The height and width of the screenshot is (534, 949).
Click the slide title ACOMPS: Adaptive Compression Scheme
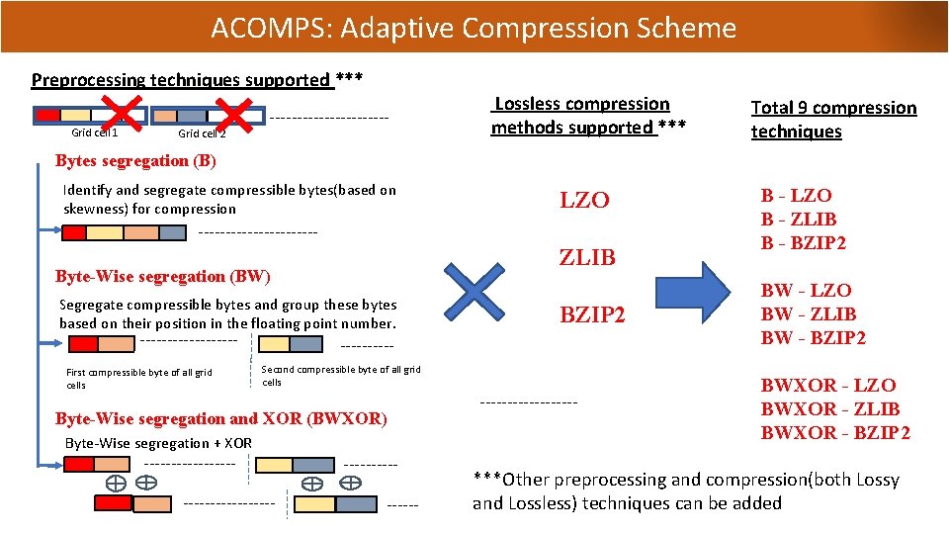click(x=474, y=27)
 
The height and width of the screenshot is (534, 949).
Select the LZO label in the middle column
click(x=585, y=201)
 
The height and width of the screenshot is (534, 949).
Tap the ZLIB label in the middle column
click(x=587, y=258)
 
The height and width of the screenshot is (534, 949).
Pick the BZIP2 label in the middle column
click(x=592, y=316)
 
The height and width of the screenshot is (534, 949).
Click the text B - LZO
click(x=796, y=196)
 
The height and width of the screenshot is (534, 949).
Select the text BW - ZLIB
click(x=809, y=314)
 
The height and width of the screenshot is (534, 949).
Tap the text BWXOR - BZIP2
click(x=835, y=433)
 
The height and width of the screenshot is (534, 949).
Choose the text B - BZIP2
click(x=804, y=243)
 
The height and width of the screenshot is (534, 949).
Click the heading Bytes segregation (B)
click(x=135, y=161)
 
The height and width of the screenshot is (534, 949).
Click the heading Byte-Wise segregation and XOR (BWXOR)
click(x=221, y=418)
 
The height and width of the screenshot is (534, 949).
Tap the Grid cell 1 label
click(x=95, y=133)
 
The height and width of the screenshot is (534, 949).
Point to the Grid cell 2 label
click(x=202, y=133)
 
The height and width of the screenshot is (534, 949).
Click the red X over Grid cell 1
click(x=128, y=112)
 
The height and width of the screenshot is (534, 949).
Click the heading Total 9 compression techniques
click(x=833, y=120)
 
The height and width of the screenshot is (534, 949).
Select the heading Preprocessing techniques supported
click(x=183, y=80)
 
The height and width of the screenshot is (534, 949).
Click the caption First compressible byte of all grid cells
click(x=138, y=379)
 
